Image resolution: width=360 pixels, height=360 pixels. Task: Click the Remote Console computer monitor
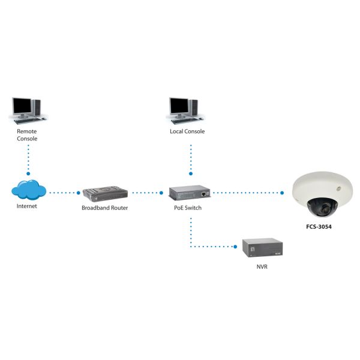pyautogui.click(x=22, y=106)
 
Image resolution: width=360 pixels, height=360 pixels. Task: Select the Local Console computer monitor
pyautogui.click(x=179, y=106)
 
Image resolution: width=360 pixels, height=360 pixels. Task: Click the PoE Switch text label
pyautogui.click(x=188, y=208)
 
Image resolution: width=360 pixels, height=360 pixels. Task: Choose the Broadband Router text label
pyautogui.click(x=105, y=208)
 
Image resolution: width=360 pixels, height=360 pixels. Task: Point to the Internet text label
pyautogui.click(x=27, y=206)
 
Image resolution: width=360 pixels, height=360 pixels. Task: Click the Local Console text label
pyautogui.click(x=188, y=131)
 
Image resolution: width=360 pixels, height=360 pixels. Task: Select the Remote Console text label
pyautogui.click(x=27, y=134)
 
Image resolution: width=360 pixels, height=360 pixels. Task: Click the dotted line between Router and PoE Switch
pyautogui.click(x=146, y=193)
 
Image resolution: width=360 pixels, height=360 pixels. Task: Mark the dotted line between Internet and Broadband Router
pyautogui.click(x=64, y=193)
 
